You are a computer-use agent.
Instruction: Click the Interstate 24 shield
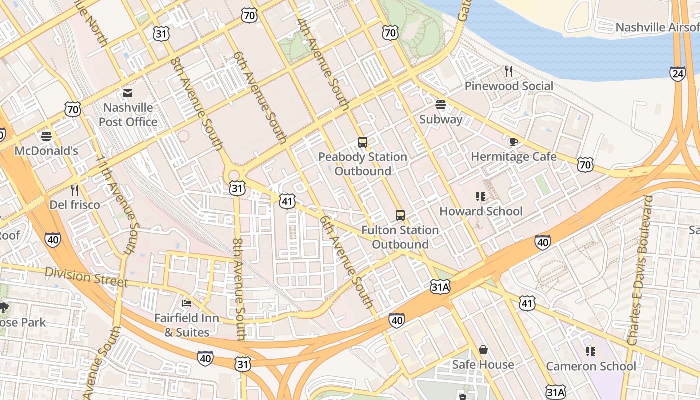(x=678, y=74)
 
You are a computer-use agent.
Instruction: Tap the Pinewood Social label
(x=509, y=86)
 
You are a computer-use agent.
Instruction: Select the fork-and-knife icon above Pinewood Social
(x=509, y=71)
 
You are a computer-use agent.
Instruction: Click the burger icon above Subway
(x=440, y=104)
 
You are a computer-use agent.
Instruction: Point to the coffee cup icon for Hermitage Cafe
(x=513, y=142)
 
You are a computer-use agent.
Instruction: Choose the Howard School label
(x=481, y=211)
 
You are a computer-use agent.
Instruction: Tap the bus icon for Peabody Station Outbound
(x=363, y=142)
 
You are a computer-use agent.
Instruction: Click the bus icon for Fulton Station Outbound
(x=400, y=215)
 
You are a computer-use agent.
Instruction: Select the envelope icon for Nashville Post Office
(x=128, y=93)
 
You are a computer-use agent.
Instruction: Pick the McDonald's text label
(x=46, y=151)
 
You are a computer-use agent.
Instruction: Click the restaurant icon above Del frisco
(x=75, y=190)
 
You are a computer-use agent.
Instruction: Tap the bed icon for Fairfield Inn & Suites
(x=187, y=303)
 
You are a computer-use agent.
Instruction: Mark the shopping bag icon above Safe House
(x=483, y=350)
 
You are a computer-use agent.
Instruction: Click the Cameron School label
(x=591, y=366)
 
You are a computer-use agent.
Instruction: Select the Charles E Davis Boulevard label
(x=640, y=270)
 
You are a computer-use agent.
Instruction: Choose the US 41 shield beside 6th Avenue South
(x=287, y=201)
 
